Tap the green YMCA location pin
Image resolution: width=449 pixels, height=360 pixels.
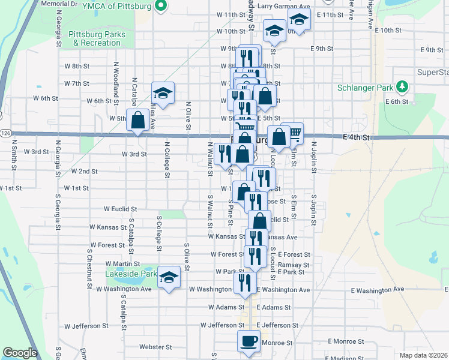tap(161, 7)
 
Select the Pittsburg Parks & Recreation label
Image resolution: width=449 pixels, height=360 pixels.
tap(97, 38)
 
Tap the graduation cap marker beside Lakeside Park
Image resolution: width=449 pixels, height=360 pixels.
tap(169, 277)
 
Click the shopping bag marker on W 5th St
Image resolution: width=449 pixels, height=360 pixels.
tap(138, 119)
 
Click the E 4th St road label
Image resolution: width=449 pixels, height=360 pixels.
tap(358, 137)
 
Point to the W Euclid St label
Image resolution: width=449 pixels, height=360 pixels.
tap(120, 209)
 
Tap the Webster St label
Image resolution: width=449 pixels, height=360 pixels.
tap(155, 347)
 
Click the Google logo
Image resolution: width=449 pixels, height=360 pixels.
tap(20, 352)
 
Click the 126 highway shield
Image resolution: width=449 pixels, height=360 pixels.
tap(5, 132)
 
